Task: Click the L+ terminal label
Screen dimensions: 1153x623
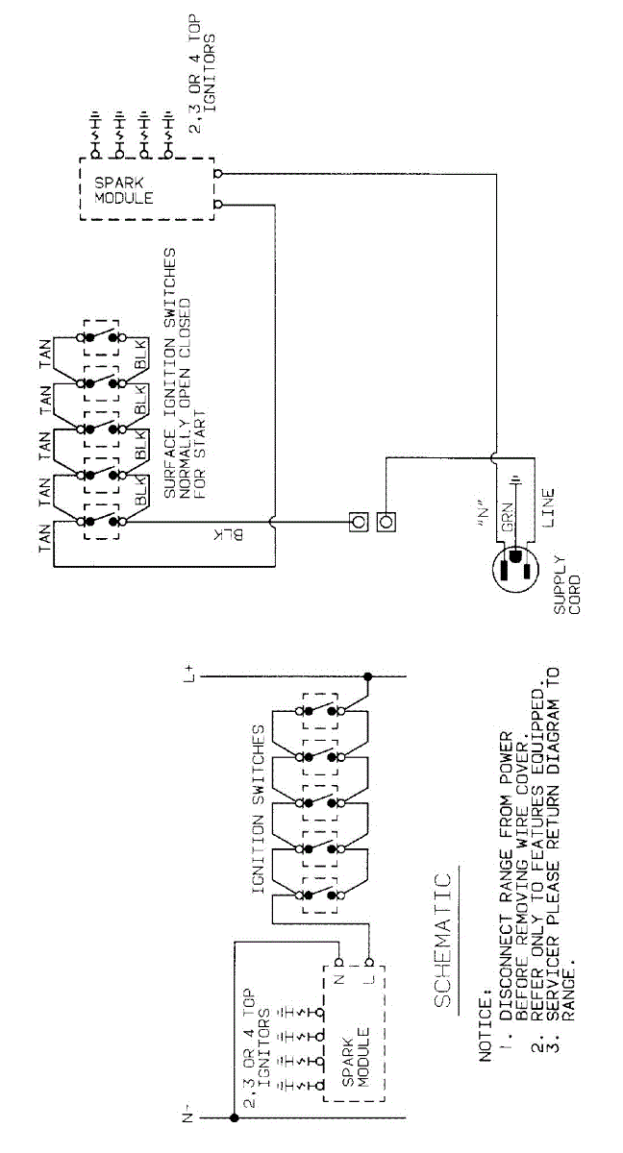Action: pos(192,676)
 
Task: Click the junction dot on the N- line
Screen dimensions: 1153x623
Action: pos(234,1117)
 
